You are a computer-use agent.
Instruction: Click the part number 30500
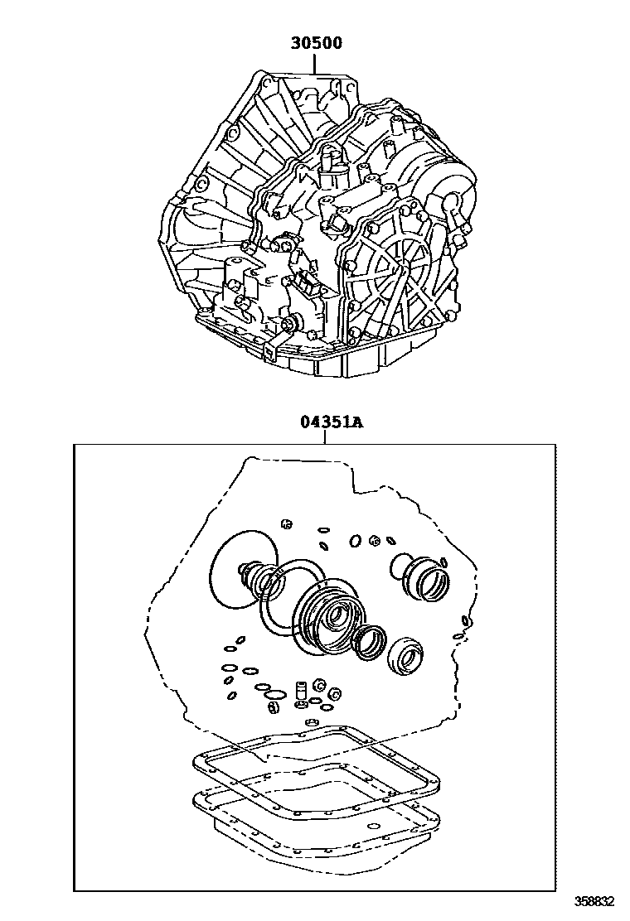coord(316,43)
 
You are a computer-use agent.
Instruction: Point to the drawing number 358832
coord(594,899)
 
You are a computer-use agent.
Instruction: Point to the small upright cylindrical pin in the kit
coord(302,688)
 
